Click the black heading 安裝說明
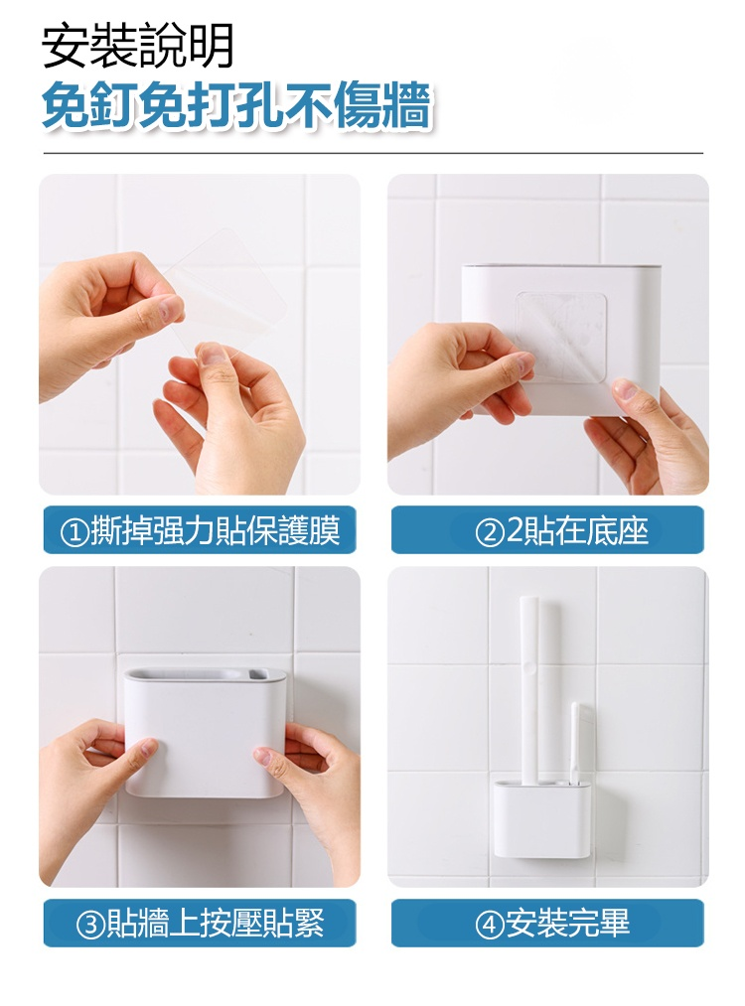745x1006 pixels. (137, 46)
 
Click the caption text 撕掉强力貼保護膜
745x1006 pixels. (215, 530)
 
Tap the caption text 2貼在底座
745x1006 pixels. (577, 530)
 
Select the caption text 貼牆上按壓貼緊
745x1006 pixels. (215, 924)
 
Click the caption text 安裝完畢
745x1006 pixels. (567, 924)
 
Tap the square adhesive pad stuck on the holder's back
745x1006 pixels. (561, 338)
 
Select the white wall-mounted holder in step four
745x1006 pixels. (541, 818)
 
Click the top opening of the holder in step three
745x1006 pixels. (197, 674)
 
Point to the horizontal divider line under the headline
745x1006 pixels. (372, 154)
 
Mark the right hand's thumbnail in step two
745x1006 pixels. (625, 389)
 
